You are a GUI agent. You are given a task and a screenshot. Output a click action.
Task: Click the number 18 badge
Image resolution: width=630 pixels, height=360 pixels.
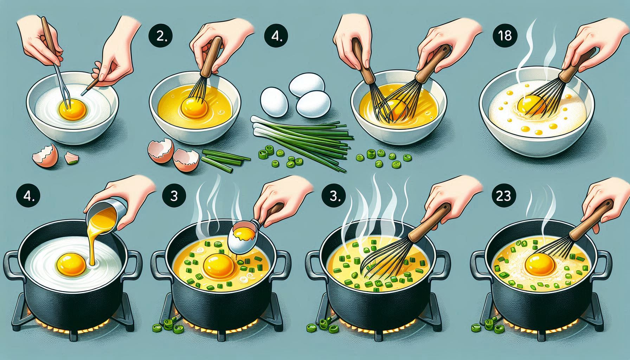505,36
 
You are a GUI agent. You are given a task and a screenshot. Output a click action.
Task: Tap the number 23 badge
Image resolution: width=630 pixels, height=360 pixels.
503,196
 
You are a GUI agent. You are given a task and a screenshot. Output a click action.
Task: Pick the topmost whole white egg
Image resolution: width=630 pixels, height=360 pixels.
307,84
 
